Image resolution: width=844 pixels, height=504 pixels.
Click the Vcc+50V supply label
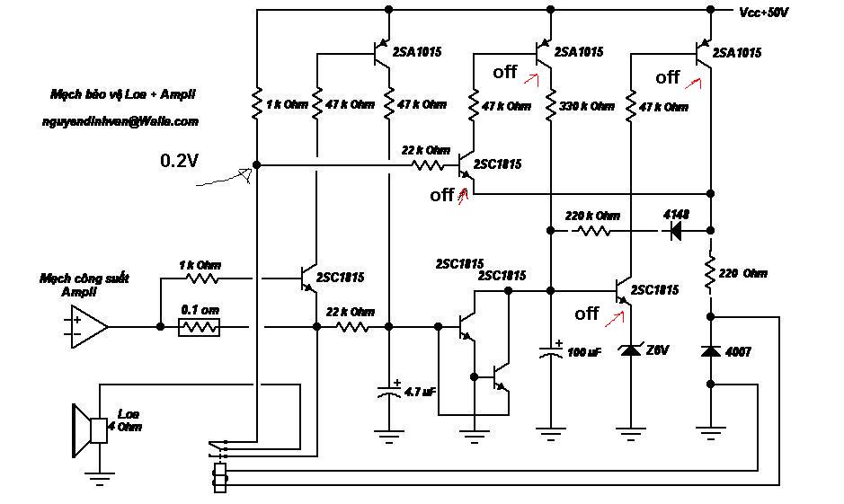[x=763, y=13]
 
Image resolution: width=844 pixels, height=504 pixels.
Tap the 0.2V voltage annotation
[x=179, y=160]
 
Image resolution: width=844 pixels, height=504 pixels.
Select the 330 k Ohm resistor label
[x=587, y=106]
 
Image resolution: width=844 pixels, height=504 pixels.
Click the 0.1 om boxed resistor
[x=200, y=327]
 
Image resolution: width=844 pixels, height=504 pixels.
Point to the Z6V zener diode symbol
[x=631, y=350]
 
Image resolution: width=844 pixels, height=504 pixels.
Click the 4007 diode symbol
[x=710, y=351]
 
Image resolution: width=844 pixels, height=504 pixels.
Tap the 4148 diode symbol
[x=675, y=231]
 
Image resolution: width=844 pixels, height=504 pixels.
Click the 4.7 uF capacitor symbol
[x=388, y=391]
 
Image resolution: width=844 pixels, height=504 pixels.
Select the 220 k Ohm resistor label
[x=592, y=216]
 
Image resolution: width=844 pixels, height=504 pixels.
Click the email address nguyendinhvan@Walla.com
[x=120, y=121]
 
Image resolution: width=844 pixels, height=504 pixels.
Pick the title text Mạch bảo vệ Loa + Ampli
[x=123, y=94]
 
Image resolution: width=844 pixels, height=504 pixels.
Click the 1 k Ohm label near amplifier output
[x=200, y=265]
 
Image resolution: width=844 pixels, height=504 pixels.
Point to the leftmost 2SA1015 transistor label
[x=417, y=52]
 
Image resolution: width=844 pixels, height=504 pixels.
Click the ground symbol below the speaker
[x=99, y=477]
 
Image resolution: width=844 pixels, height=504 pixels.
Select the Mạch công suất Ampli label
[x=84, y=285]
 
